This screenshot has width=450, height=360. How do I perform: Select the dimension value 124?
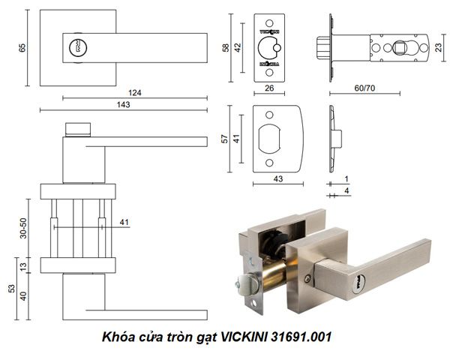point(136,93)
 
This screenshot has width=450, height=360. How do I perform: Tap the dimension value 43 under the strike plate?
point(277,179)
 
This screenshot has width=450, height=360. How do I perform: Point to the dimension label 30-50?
point(23,229)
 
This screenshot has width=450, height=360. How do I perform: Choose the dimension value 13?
point(24,265)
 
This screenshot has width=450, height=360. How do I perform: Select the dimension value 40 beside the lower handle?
point(24,295)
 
